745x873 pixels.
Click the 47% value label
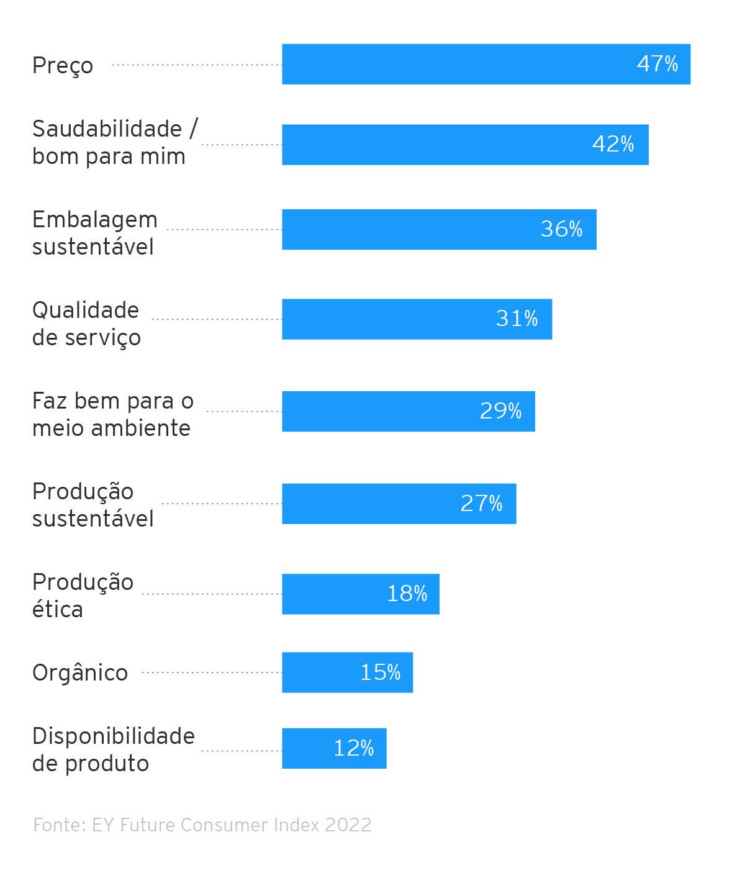coord(657,64)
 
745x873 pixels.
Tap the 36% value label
coord(561,229)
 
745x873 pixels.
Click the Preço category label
coord(63,65)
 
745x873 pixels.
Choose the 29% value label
coord(500,411)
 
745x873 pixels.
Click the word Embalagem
coord(95,220)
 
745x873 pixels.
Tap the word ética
coord(58,609)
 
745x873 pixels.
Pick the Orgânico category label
coord(80,672)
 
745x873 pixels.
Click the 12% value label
coord(353,748)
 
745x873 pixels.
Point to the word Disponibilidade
coord(114,736)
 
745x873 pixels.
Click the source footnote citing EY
coord(202,825)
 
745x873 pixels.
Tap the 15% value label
coord(380,672)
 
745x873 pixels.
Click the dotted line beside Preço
coord(196,65)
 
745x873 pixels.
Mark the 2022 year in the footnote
coord(348,825)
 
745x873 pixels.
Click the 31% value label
coord(517,319)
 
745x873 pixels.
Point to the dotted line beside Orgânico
coord(211,672)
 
